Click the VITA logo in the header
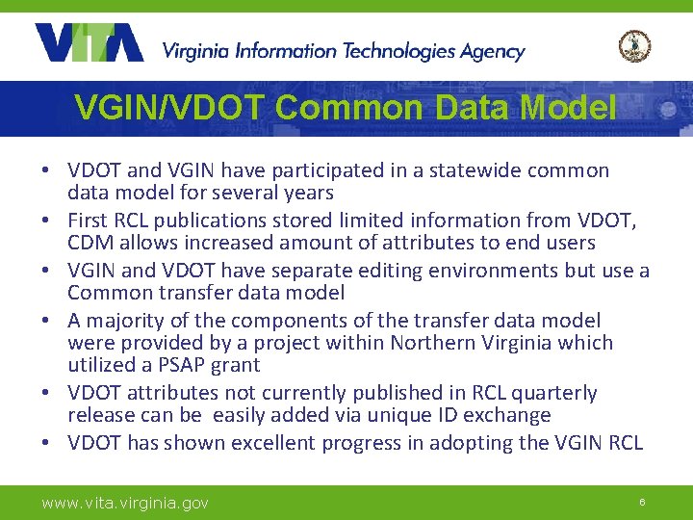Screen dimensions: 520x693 pyautogui.click(x=89, y=43)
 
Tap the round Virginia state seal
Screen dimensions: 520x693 pyautogui.click(x=634, y=46)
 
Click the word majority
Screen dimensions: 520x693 pyautogui.click(x=120, y=321)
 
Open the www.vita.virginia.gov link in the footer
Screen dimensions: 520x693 pyautogui.click(x=125, y=503)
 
